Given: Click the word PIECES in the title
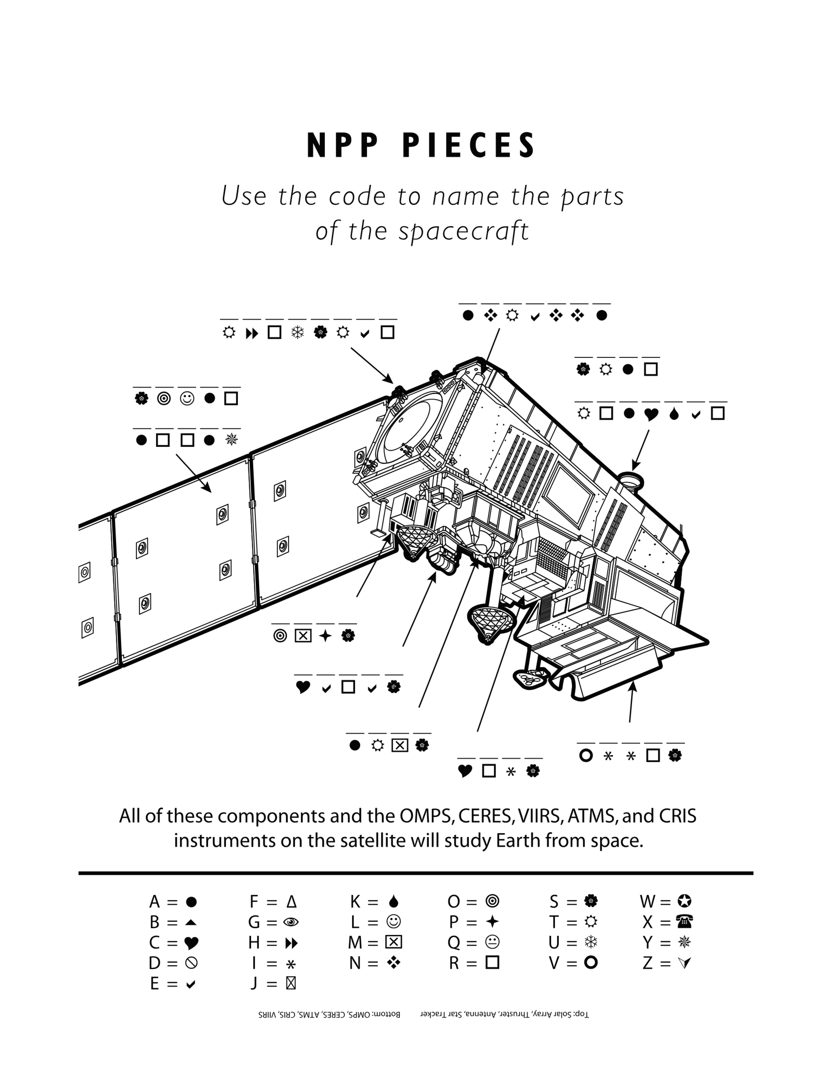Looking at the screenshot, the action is pos(469,145).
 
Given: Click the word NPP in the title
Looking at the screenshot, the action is pos(343,145).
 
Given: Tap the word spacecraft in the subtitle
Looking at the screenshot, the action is pos(464,231).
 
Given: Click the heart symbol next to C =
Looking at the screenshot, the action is pos(191,943).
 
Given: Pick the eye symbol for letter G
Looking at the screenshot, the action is pos(291,922).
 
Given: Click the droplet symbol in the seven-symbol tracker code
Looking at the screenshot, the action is pos(674,414).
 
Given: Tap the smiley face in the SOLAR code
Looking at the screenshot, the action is pos(187,398).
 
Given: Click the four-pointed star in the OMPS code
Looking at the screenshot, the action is pos(325,635).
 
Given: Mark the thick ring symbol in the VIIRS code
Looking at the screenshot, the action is pos(586,755).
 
